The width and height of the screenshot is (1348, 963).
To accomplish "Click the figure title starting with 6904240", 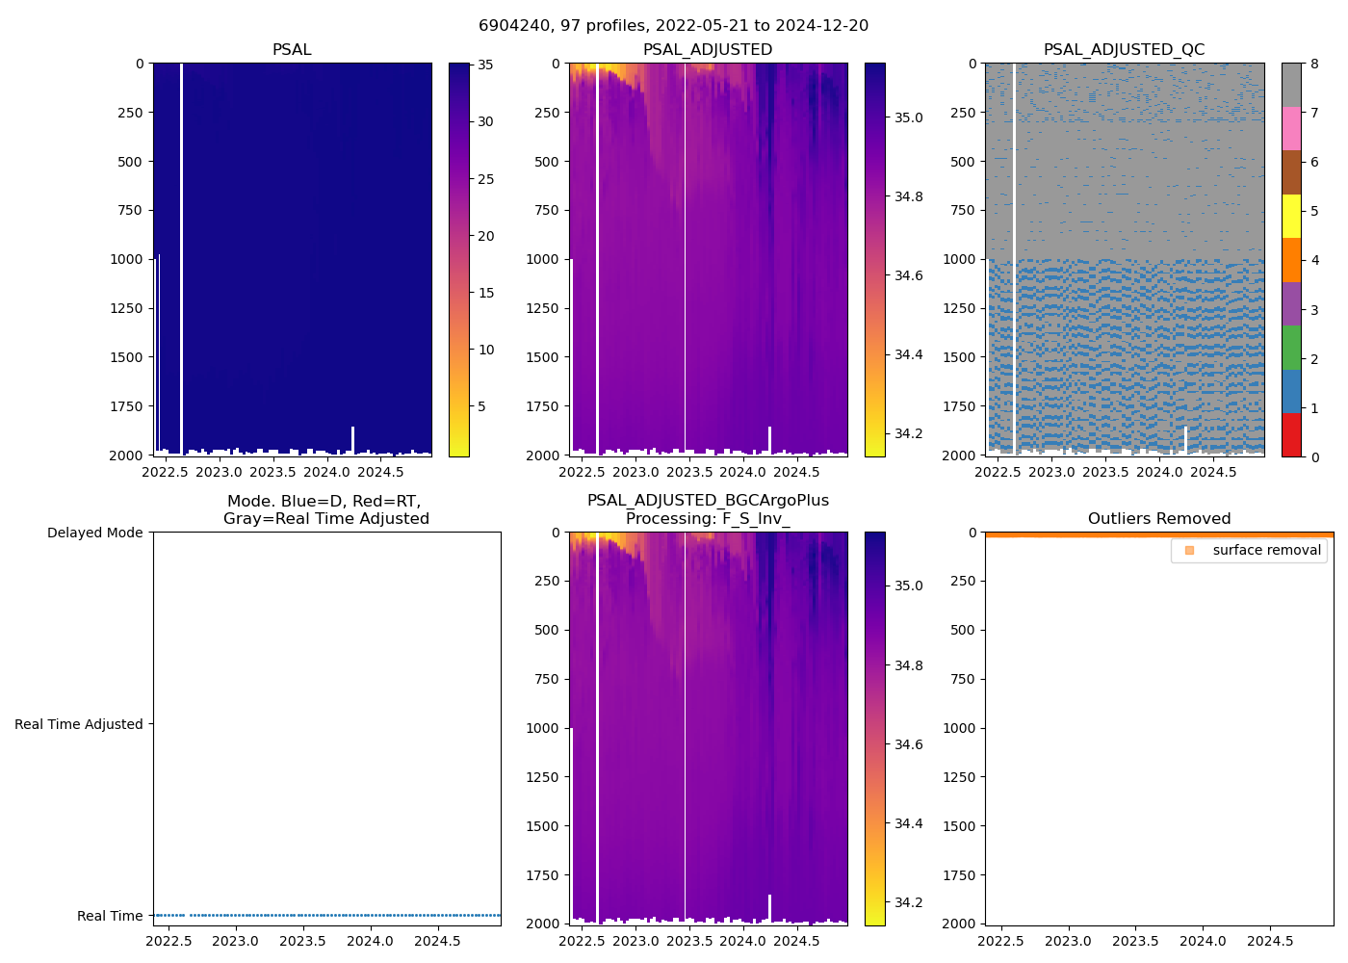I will click(673, 26).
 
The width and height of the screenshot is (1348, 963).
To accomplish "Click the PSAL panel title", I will click(292, 50).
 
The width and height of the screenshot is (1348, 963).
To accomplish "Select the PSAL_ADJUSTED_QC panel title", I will click(1124, 50).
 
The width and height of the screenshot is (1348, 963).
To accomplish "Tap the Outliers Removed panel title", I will click(1158, 519).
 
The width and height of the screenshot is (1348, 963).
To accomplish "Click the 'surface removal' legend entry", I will click(1266, 550).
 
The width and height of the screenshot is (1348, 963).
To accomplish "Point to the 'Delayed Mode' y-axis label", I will click(94, 533).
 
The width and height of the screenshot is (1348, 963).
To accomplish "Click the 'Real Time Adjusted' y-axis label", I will click(78, 724).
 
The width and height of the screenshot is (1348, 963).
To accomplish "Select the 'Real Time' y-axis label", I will click(110, 916).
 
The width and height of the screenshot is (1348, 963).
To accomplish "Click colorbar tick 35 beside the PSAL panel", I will click(485, 65).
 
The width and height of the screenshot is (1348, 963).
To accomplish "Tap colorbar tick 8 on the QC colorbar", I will click(1314, 65).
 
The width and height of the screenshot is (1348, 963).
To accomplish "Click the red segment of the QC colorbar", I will click(1291, 435).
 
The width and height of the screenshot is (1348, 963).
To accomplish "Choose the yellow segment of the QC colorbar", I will click(1291, 216).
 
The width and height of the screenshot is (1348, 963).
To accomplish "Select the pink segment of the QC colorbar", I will click(1291, 128).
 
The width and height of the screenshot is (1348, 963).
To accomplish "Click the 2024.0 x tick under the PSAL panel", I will click(327, 472).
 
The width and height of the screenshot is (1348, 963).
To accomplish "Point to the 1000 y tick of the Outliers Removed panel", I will click(961, 728).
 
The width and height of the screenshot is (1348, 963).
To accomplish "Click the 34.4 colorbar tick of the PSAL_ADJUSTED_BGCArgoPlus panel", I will click(909, 823).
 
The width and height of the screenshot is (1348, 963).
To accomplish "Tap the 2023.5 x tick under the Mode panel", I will click(302, 941).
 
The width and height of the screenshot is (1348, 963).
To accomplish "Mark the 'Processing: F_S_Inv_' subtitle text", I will click(708, 519).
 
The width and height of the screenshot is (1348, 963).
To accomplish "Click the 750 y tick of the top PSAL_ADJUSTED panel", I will click(545, 210).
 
